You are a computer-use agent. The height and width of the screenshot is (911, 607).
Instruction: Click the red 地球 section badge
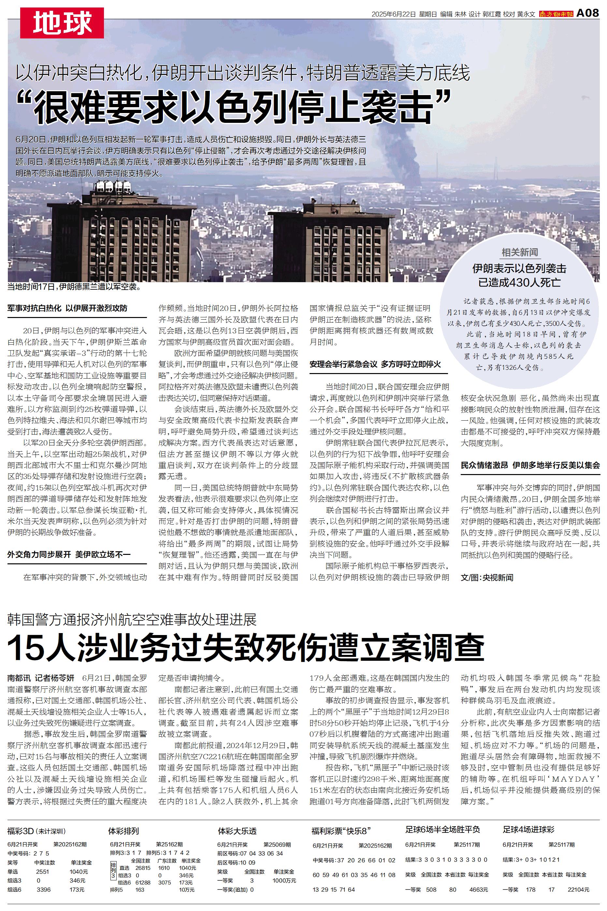[62, 23]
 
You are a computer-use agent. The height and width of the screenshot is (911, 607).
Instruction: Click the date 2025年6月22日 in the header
[394, 14]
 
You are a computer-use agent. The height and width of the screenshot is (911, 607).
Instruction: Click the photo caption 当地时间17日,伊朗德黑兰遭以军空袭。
[74, 287]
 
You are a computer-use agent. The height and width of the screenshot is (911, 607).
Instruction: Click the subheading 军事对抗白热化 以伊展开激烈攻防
[67, 309]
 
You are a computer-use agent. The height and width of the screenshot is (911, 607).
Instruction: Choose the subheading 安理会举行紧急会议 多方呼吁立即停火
[375, 364]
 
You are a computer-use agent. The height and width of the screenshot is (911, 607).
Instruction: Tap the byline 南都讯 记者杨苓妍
[41, 678]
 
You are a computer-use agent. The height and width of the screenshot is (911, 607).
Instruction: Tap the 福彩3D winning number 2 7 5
[41, 853]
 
